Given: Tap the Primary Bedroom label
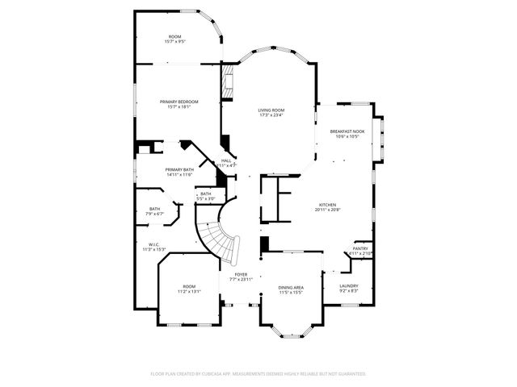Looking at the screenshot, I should [179, 102].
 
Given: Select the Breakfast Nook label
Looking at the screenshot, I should [347, 131].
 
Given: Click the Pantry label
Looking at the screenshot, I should [360, 248].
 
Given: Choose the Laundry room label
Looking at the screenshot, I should [349, 285].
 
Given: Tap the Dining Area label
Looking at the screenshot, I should [291, 287].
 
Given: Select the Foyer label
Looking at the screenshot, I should [241, 274].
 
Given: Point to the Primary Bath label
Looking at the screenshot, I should [179, 169].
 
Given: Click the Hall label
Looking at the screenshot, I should [227, 160].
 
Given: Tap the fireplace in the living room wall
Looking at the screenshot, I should [228, 81].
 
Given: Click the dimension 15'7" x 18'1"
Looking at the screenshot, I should [179, 106].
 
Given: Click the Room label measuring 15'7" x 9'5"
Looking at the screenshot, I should [174, 36].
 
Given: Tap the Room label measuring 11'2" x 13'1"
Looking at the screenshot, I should [188, 286].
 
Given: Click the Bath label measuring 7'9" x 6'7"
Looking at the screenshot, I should [154, 209].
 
